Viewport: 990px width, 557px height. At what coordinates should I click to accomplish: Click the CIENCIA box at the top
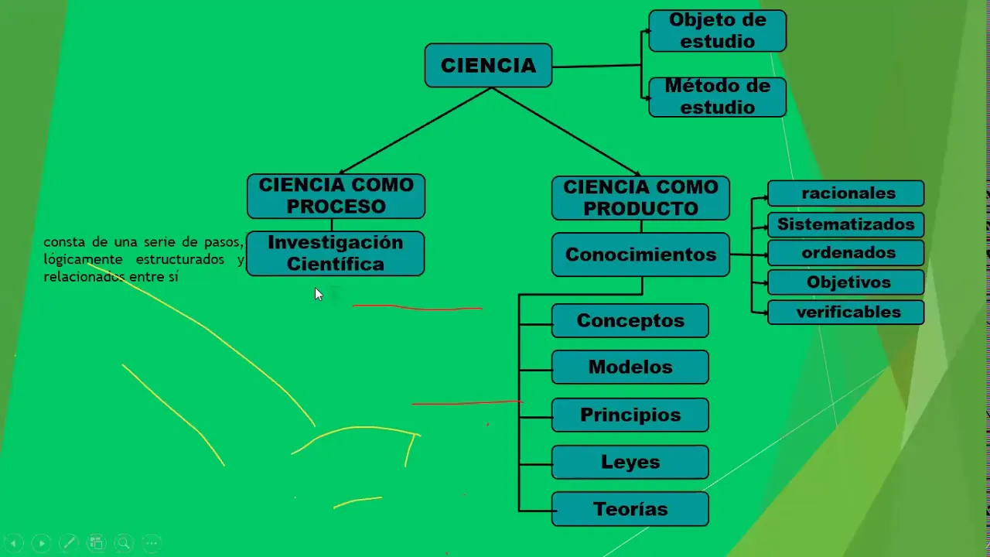pyautogui.click(x=488, y=66)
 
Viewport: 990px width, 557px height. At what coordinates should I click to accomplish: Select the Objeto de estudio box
pyautogui.click(x=717, y=31)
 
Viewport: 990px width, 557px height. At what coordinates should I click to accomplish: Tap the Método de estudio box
pyautogui.click(x=717, y=97)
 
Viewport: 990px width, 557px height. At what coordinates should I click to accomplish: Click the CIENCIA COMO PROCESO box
pyautogui.click(x=336, y=196)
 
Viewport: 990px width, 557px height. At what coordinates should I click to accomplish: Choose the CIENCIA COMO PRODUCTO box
pyautogui.click(x=640, y=197)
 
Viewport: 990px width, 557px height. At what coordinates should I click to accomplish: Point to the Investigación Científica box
pyautogui.click(x=335, y=253)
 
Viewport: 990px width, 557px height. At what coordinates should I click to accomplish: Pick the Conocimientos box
pyautogui.click(x=640, y=255)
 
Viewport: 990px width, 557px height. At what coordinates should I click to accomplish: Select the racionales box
pyautogui.click(x=845, y=193)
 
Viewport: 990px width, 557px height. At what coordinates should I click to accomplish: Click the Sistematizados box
pyautogui.click(x=845, y=224)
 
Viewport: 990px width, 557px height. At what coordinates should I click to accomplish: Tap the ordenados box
pyautogui.click(x=845, y=253)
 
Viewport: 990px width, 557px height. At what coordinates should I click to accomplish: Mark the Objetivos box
pyautogui.click(x=845, y=282)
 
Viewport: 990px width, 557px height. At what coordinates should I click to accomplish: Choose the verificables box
pyautogui.click(x=845, y=313)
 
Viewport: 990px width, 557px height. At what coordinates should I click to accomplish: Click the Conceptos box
pyautogui.click(x=630, y=320)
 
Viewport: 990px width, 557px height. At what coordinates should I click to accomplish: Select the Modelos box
pyautogui.click(x=630, y=367)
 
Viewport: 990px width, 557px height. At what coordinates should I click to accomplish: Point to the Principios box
pyautogui.click(x=630, y=415)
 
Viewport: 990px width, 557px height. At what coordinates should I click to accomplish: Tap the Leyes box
pyautogui.click(x=630, y=462)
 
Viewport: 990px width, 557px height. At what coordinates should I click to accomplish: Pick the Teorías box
pyautogui.click(x=630, y=509)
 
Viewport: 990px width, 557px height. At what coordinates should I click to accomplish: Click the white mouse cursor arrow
pyautogui.click(x=318, y=294)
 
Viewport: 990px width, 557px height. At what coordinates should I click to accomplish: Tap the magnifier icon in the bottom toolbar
pyautogui.click(x=123, y=543)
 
